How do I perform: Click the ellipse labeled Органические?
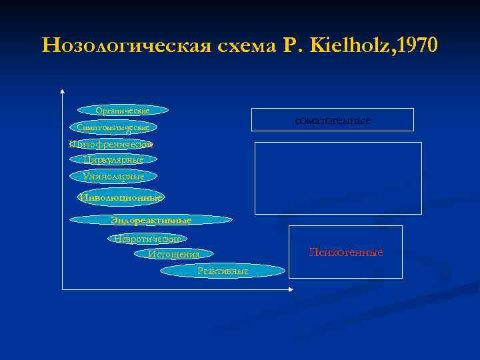click(123, 110)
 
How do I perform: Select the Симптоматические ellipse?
click(113, 127)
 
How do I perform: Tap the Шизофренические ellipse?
click(112, 143)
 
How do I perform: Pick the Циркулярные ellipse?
click(113, 160)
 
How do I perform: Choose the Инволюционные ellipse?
click(121, 197)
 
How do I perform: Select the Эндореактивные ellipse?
click(151, 220)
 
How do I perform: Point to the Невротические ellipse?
click(147, 238)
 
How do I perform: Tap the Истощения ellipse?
click(174, 254)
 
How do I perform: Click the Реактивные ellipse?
click(223, 271)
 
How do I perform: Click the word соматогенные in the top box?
click(332, 120)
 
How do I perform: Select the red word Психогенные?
click(345, 252)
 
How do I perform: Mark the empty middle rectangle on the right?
click(338, 178)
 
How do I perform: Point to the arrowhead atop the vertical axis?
click(61, 91)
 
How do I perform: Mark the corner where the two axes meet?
click(61, 289)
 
